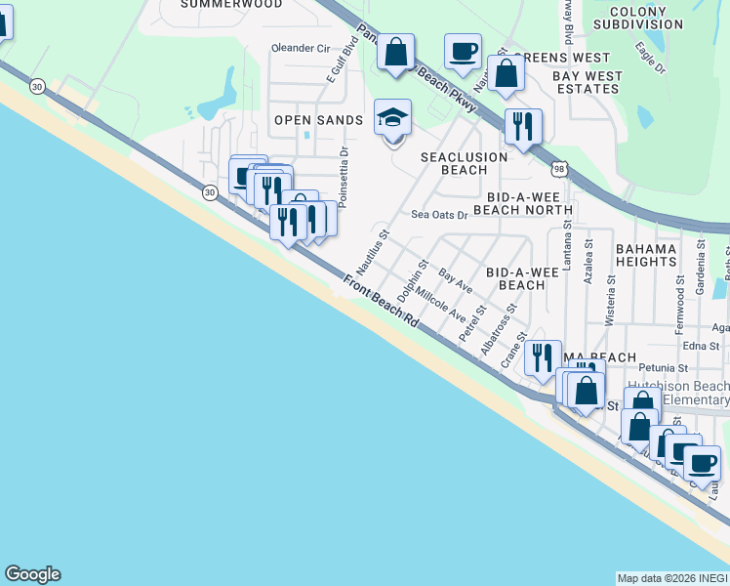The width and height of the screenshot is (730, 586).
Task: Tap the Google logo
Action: pos(32,574)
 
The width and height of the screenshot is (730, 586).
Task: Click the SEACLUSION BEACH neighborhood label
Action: pos(464,163)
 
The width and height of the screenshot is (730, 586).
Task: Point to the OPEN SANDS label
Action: pos(318,120)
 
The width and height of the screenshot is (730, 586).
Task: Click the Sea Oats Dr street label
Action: pos(439,215)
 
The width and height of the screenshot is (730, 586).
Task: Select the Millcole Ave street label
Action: pos(440,305)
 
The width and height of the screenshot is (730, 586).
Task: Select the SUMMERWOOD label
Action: pos(231,5)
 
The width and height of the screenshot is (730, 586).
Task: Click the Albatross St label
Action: pos(496,336)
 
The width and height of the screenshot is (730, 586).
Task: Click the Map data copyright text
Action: pos(672,578)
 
